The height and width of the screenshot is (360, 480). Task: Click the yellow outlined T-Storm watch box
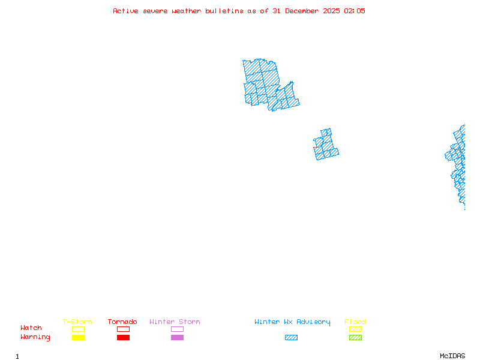[x=78, y=329]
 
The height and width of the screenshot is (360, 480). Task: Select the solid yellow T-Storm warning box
[x=78, y=338]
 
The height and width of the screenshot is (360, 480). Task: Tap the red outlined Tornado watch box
[x=123, y=329]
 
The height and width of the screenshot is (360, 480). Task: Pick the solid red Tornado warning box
[x=123, y=338]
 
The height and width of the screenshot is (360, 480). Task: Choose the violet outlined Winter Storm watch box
[x=177, y=329]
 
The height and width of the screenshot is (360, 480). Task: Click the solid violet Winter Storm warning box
[x=177, y=338]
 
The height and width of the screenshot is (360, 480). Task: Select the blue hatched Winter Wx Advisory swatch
[x=291, y=338]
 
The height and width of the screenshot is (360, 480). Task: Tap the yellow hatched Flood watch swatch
[x=355, y=329]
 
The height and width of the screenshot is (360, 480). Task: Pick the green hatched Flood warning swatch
[x=355, y=338]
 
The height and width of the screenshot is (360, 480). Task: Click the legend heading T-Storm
[x=77, y=322]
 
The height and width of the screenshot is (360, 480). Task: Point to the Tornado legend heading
[x=122, y=322]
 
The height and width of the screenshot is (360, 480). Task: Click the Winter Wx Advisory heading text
[x=292, y=322]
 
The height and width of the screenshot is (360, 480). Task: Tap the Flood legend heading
[x=355, y=322]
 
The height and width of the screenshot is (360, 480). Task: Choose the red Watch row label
[x=31, y=328]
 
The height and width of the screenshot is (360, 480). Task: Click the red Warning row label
[x=35, y=337]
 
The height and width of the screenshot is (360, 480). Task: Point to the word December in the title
[x=304, y=11]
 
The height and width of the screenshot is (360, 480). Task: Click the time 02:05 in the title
[x=354, y=11]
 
